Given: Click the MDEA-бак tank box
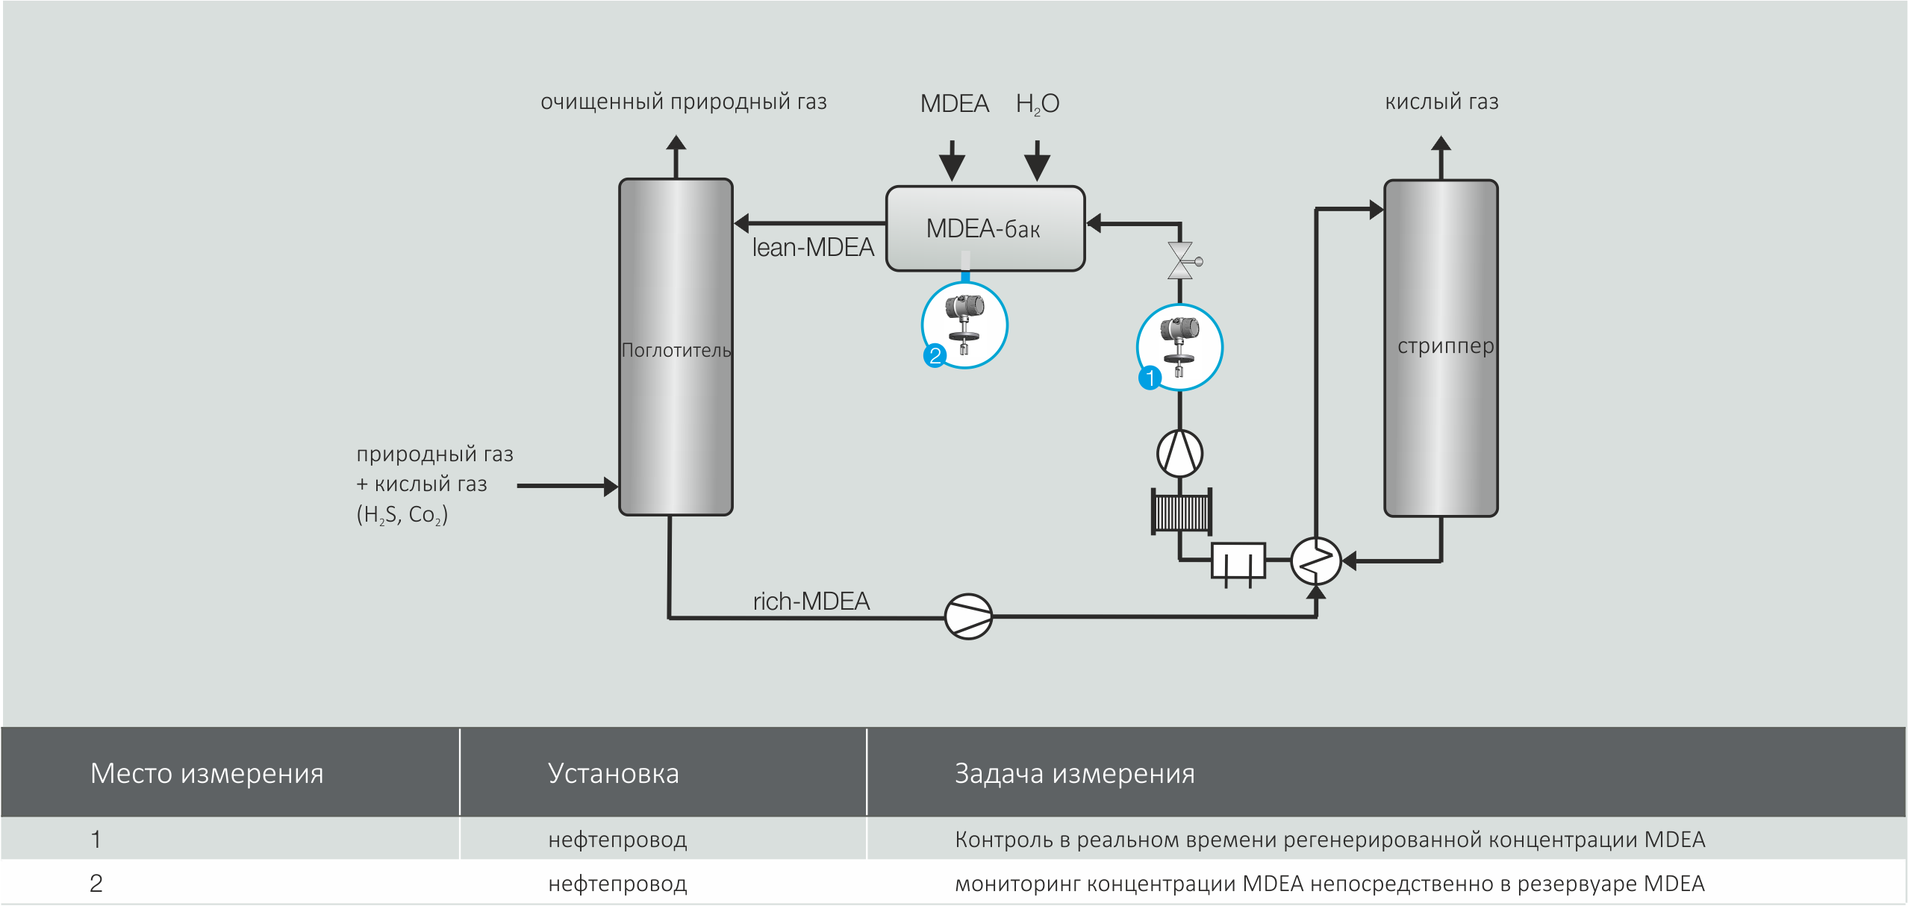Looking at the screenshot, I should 985,228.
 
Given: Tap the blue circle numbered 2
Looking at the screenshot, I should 935,355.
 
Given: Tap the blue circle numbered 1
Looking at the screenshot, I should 1150,378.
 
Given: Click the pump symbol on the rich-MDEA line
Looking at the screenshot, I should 968,616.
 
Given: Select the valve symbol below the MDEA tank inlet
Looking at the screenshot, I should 1181,261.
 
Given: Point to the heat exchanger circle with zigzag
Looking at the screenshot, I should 1315,560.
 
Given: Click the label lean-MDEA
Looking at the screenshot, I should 812,247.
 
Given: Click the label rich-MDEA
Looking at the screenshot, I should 811,601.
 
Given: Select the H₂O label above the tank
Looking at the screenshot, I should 1037,104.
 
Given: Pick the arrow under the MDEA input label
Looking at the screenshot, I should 952,160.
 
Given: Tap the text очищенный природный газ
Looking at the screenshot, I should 683,101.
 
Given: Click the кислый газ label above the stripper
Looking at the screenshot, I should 1441,101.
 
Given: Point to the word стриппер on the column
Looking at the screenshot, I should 1445,346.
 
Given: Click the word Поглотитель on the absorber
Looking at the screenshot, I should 676,350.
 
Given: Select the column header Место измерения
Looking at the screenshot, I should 207,773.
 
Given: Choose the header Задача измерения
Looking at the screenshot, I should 1074,773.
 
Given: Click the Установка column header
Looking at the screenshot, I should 613,773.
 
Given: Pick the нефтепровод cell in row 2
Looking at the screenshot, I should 617,884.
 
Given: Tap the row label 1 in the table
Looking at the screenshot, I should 96,840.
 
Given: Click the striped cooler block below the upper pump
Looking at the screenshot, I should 1181,512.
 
